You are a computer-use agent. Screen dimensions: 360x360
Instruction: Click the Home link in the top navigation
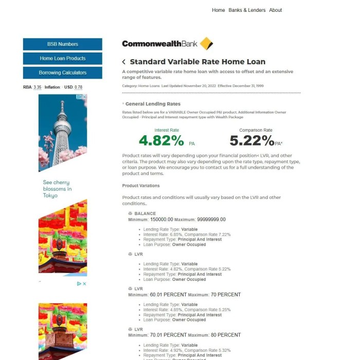point(218,10)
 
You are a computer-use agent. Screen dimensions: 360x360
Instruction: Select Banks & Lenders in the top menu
point(247,10)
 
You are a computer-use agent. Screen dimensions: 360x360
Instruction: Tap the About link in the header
point(276,10)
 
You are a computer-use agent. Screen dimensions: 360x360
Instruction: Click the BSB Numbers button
point(62,44)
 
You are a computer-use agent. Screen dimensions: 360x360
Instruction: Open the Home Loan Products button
point(62,59)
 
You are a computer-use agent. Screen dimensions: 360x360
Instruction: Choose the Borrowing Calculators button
point(62,73)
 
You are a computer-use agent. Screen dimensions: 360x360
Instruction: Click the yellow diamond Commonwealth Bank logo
point(206,44)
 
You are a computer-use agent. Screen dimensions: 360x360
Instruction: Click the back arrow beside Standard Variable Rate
point(124,62)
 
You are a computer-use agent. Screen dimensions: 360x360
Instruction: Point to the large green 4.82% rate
point(161,140)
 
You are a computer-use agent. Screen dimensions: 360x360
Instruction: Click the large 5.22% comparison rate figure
point(251,140)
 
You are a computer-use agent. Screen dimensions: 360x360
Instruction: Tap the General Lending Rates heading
point(153,104)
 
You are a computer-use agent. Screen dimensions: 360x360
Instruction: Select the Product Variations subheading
point(141,186)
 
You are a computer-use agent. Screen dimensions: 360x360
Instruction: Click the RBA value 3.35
point(38,87)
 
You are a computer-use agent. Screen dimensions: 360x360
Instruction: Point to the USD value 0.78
point(78,87)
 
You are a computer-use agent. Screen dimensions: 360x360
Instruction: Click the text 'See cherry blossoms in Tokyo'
point(57,189)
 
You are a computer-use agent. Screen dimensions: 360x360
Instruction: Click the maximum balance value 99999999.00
point(211,220)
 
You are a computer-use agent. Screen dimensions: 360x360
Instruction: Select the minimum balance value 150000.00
point(161,220)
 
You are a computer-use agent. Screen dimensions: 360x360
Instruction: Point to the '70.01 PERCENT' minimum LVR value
point(168,335)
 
